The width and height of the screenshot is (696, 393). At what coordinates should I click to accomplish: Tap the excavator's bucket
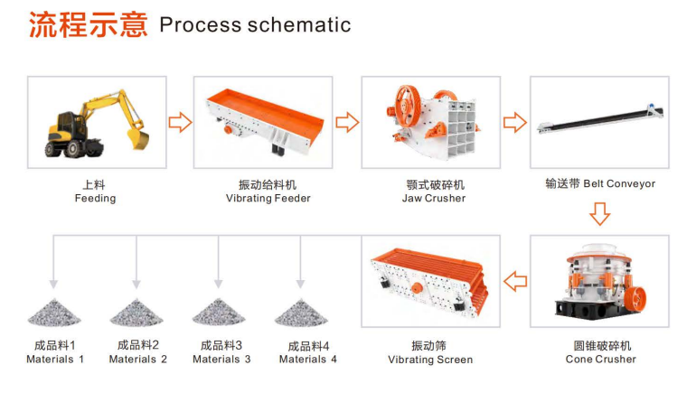coord(136,136)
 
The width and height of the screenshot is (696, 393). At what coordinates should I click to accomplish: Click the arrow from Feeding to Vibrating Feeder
coord(181,121)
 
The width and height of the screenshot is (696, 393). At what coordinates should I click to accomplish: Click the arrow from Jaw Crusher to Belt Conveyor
coord(515,121)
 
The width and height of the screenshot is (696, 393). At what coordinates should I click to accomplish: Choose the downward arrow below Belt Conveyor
coord(599,213)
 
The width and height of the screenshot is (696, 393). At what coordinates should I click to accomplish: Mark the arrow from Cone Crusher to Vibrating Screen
coord(515,281)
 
